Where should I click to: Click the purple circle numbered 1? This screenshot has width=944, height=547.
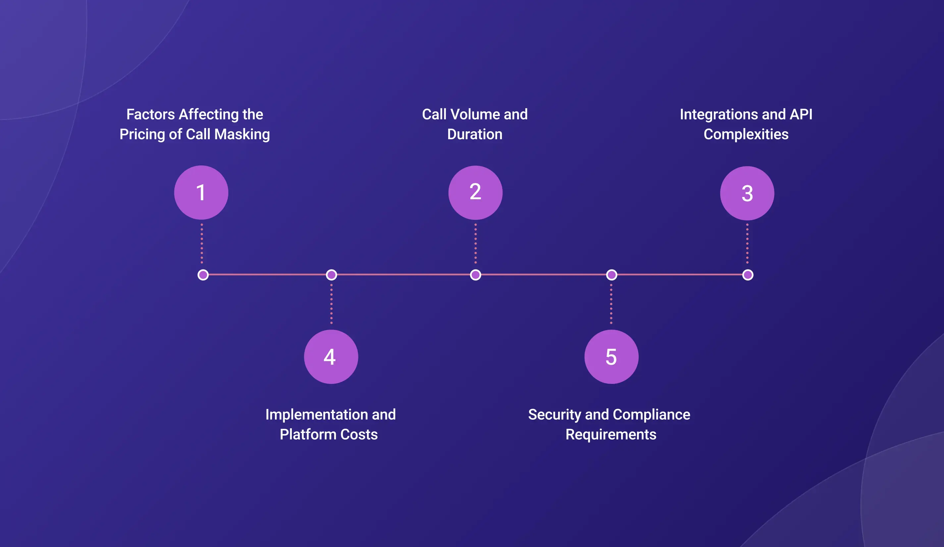click(201, 192)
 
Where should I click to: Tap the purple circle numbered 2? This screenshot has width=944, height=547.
click(475, 192)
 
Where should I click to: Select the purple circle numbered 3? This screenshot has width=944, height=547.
click(747, 193)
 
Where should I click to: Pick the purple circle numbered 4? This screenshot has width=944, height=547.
click(331, 356)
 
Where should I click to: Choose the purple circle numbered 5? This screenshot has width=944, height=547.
click(611, 356)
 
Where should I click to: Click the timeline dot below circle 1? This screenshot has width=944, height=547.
click(203, 275)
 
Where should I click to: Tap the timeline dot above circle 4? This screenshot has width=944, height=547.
click(332, 275)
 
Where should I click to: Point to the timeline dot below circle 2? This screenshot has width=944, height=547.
click(475, 275)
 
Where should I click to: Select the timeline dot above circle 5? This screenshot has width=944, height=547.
click(612, 275)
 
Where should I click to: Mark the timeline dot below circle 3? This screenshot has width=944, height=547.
click(748, 275)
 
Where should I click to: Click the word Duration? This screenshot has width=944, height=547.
click(475, 134)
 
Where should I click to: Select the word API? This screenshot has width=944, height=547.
click(801, 114)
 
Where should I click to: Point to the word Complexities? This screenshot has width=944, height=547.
click(746, 135)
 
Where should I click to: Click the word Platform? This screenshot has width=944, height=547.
click(308, 435)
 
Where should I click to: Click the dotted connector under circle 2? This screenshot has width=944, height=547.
click(475, 244)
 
